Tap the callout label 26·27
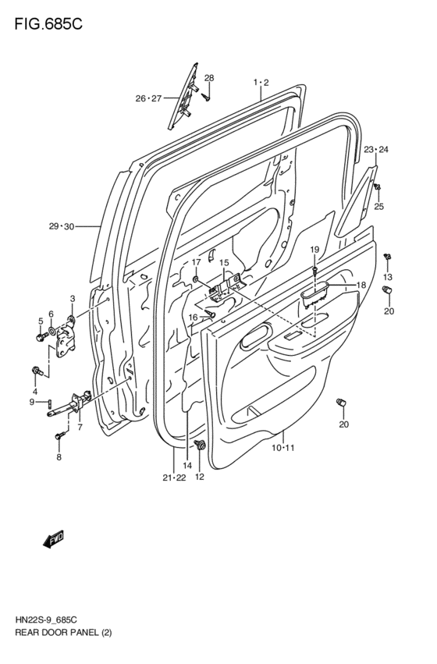point(147,98)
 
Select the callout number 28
point(209,77)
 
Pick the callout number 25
point(379,207)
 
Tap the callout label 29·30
point(61,226)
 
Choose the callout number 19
point(315,249)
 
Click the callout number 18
point(361,286)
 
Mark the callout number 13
point(388,278)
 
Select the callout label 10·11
point(282,447)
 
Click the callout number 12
point(200,477)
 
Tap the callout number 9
point(32,402)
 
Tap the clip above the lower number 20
point(339,403)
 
